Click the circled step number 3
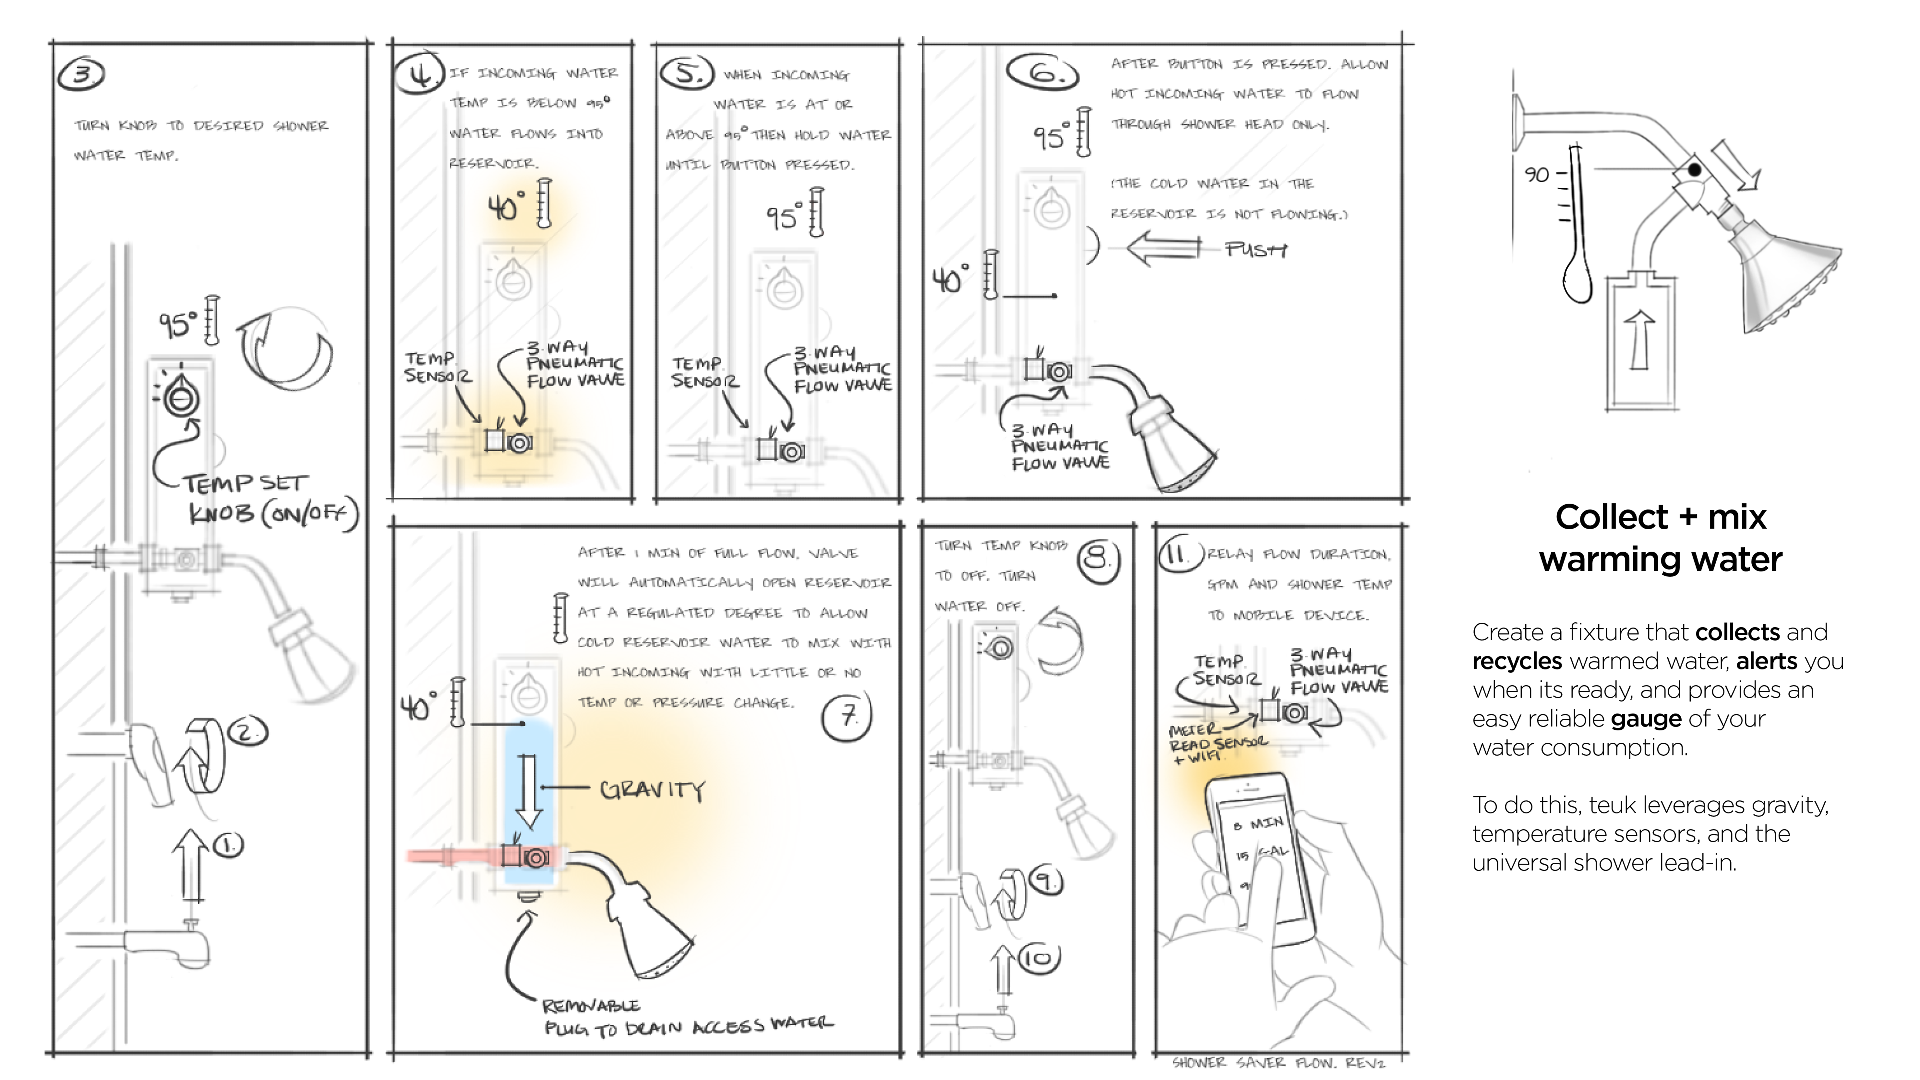click(x=81, y=74)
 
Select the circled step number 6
click(x=1042, y=72)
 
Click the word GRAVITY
click(x=652, y=789)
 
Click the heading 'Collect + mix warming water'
click(x=1660, y=538)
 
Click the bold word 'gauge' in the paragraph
click(x=1645, y=719)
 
